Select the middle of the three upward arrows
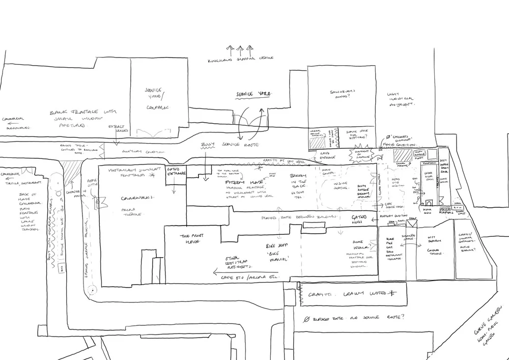(x=239, y=49)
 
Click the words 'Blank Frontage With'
(x=83, y=112)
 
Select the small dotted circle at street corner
(x=92, y=291)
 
